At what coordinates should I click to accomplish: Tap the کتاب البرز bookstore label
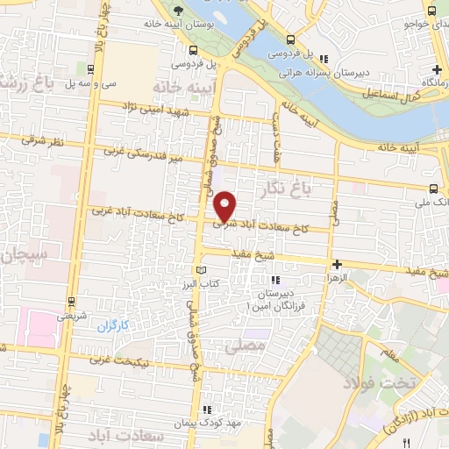[222, 285]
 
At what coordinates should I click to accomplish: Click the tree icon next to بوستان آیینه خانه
[178, 11]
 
